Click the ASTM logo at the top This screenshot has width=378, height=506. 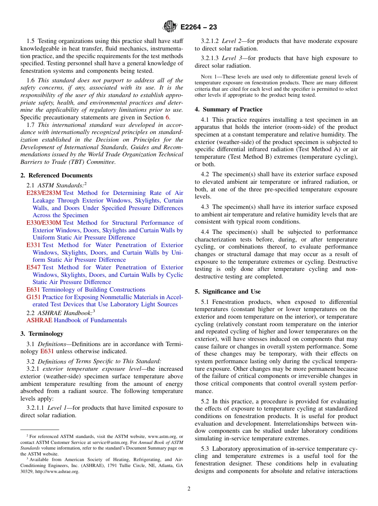[170, 27]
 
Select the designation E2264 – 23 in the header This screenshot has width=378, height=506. [199, 27]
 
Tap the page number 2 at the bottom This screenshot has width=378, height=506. [189, 488]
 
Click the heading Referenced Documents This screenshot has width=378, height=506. [57, 175]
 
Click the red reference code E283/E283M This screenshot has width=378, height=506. [44, 193]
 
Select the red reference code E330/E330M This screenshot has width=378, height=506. [44, 223]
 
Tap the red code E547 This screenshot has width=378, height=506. [33, 267]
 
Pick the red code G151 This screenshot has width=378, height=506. [33, 297]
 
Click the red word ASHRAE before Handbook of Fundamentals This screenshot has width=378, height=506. [39, 320]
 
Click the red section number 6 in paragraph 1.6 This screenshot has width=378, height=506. [168, 117]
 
